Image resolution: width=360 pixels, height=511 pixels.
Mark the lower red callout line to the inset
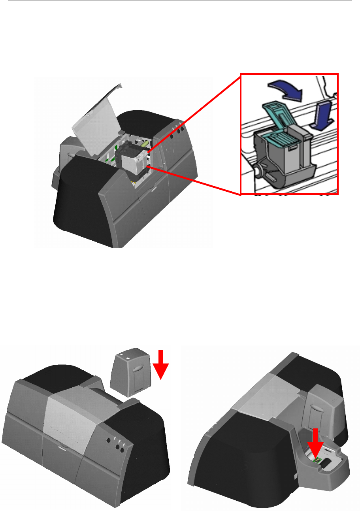pyautogui.click(x=194, y=180)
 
